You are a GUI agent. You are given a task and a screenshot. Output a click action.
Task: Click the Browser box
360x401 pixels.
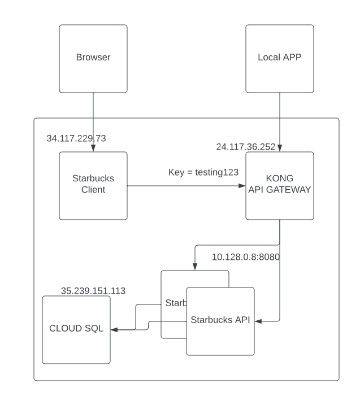93,58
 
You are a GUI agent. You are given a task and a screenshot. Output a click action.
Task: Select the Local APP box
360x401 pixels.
279,58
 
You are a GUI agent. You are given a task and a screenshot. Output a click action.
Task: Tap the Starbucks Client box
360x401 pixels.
93,185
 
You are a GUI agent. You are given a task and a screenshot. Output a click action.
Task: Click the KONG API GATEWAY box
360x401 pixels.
279,185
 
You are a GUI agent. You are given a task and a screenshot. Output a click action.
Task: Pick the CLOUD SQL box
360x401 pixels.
76,329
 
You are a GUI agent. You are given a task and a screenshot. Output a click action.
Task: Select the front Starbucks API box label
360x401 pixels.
220,320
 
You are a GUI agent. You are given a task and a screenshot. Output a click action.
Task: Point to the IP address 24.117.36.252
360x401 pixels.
245,147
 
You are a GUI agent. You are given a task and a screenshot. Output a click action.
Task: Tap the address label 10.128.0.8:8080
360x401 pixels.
246,257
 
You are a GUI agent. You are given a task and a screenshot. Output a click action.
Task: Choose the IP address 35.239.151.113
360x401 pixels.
93,291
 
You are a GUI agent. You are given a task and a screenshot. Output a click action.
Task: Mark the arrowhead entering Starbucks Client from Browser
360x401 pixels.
93,149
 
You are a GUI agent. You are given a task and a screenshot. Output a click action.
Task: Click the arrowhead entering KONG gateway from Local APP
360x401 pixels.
279,149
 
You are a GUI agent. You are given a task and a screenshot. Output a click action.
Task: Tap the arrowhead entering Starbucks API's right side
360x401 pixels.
258,321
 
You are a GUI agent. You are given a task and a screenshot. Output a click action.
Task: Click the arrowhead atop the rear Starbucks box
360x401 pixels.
195,268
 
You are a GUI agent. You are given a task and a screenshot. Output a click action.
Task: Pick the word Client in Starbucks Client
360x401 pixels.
93,190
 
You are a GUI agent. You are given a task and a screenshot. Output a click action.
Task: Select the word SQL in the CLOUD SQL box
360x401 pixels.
94,329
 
